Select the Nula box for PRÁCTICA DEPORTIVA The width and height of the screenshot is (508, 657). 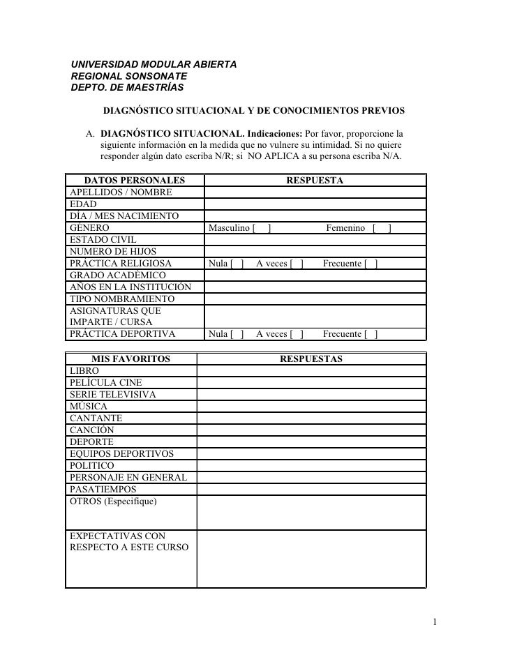(x=238, y=334)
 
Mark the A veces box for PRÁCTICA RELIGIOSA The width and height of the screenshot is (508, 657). (x=297, y=264)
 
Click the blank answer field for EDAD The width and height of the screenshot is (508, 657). (x=315, y=204)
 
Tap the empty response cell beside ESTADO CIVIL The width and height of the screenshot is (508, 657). (x=315, y=240)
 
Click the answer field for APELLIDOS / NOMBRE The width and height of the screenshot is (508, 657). (x=315, y=192)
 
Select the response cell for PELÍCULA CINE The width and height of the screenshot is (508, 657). (x=311, y=383)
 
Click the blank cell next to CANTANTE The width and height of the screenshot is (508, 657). (x=311, y=418)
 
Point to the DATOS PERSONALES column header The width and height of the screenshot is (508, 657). (x=130, y=181)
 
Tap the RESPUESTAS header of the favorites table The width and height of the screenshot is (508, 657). (x=311, y=359)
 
